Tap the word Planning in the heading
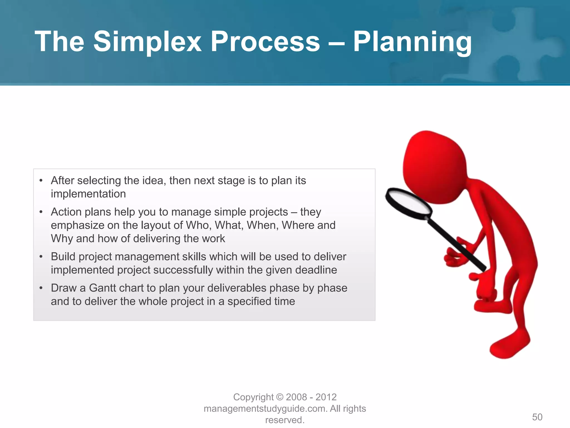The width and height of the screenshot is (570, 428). (412, 42)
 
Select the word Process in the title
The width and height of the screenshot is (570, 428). (265, 42)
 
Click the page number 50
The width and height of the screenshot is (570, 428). (537, 417)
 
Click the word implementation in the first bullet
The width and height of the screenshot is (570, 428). (88, 194)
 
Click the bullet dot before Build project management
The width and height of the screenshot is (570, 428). (41, 257)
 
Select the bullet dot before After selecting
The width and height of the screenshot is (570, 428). (41, 181)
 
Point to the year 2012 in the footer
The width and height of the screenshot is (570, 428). (326, 397)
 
